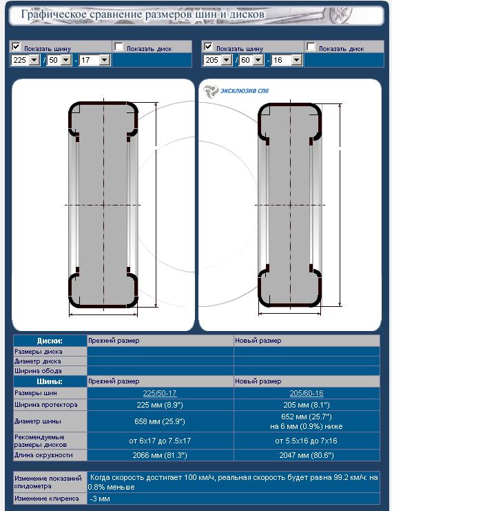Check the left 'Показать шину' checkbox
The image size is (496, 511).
[x=16, y=46]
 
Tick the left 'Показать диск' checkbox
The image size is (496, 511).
[x=118, y=47]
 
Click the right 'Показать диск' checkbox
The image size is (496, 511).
[x=311, y=47]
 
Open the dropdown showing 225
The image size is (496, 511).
[x=25, y=60]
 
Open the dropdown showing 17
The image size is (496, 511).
[x=94, y=60]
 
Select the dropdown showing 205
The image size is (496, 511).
[x=218, y=60]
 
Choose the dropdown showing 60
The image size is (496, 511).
[x=251, y=60]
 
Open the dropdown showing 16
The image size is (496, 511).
[x=287, y=60]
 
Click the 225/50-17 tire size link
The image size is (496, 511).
[x=160, y=393]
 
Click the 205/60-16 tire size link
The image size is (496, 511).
[x=307, y=393]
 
